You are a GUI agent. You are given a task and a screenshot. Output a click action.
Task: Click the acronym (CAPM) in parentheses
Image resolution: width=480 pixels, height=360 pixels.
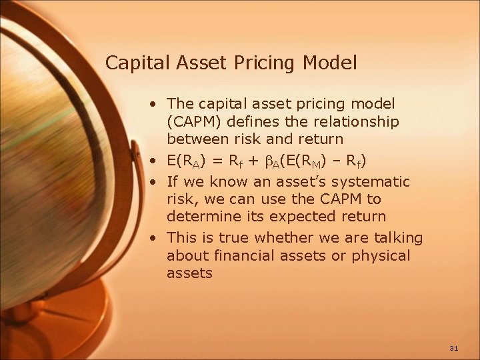click(x=194, y=122)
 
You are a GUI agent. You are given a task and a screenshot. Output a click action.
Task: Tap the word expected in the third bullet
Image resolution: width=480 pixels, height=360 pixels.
click(x=305, y=216)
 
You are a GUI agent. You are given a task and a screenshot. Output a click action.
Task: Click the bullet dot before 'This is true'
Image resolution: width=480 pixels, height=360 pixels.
click(x=154, y=238)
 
